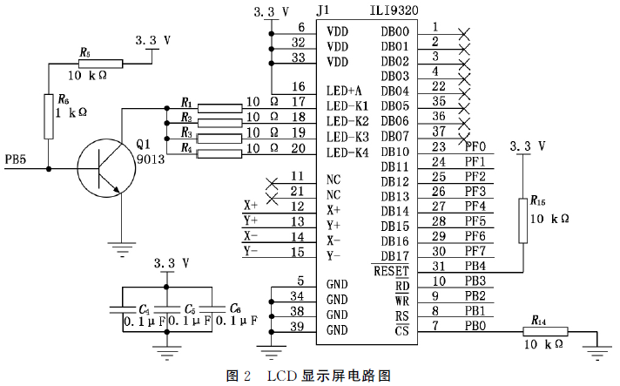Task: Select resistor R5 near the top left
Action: click(x=98, y=64)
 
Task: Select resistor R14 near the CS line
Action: click(x=544, y=331)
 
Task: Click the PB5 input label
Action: click(x=17, y=159)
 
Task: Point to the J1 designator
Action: click(x=321, y=11)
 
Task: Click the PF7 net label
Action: click(x=475, y=253)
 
